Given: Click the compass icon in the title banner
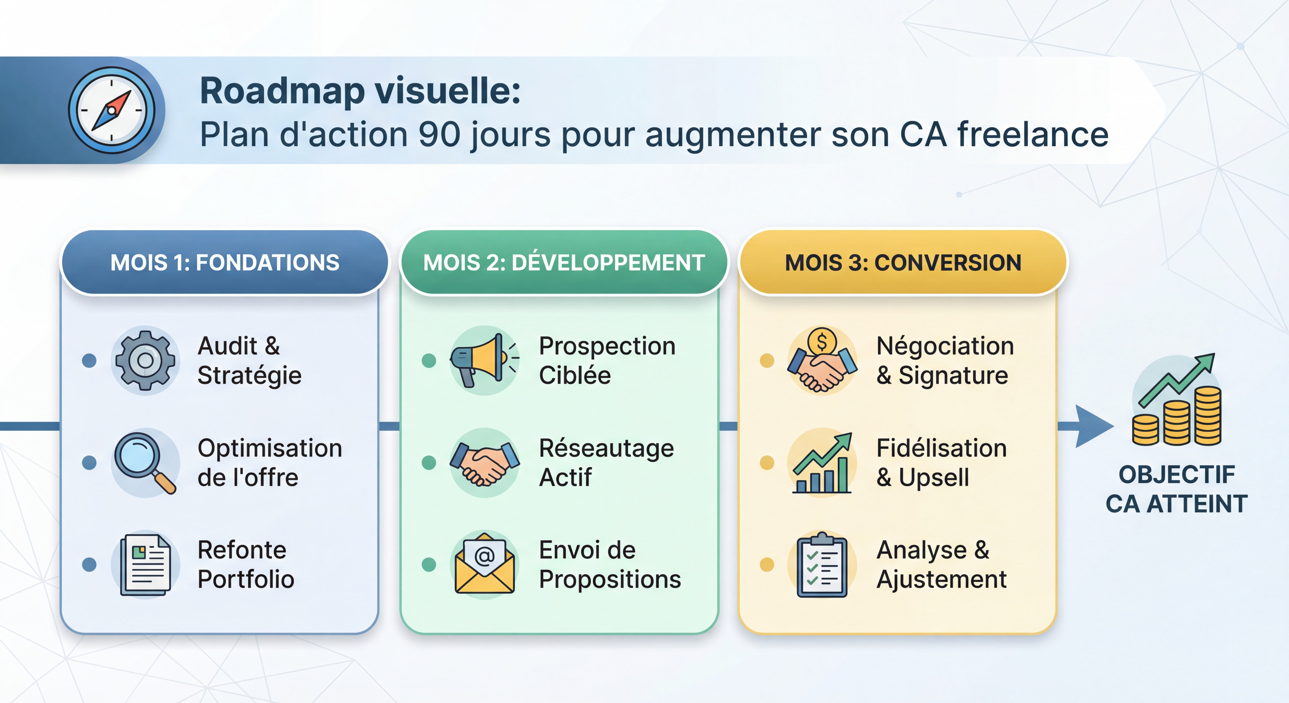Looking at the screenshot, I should [x=112, y=110].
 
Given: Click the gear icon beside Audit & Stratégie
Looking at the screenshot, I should [x=145, y=360].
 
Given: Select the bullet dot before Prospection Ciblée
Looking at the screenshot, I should [x=429, y=360].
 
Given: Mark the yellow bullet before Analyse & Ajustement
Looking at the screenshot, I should [x=766, y=564].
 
